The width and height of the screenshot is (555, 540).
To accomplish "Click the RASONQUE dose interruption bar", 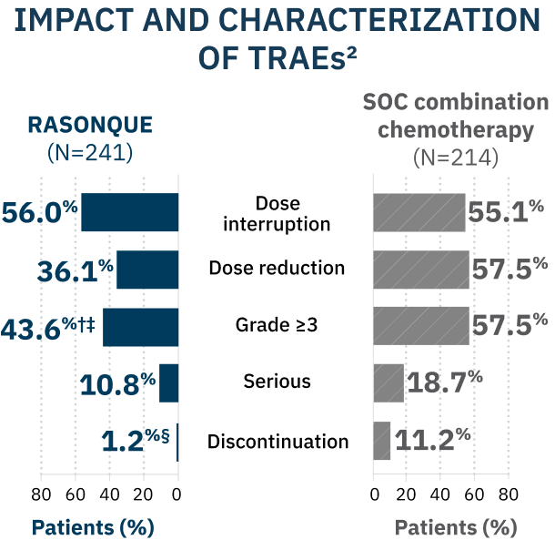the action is pyautogui.click(x=130, y=212).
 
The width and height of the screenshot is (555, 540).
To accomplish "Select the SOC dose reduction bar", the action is pyautogui.click(x=421, y=270).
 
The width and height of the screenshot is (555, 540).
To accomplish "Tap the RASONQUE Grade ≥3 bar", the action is pyautogui.click(x=141, y=327).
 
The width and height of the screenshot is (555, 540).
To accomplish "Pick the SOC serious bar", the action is pyautogui.click(x=388, y=383).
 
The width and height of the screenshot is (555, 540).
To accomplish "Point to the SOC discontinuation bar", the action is pyautogui.click(x=382, y=441).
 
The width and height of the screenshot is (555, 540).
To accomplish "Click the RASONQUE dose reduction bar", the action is pyautogui.click(x=147, y=270).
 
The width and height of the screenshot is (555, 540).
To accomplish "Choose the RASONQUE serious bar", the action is pyautogui.click(x=169, y=383).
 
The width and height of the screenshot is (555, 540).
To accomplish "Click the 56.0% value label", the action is pyautogui.click(x=40, y=212).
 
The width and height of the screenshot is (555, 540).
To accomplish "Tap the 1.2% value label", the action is pyautogui.click(x=136, y=441).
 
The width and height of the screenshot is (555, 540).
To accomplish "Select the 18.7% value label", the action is pyautogui.click(x=445, y=382).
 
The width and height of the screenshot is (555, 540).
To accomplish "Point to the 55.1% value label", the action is pyautogui.click(x=506, y=211).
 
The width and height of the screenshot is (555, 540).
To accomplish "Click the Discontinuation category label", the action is pyautogui.click(x=277, y=442).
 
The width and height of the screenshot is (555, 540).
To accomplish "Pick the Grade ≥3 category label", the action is pyautogui.click(x=277, y=325).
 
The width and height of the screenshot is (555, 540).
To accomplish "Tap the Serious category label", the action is pyautogui.click(x=277, y=382).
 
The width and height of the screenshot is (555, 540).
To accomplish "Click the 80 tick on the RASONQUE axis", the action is pyautogui.click(x=41, y=494).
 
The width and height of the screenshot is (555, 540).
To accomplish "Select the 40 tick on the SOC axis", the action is pyautogui.click(x=440, y=494).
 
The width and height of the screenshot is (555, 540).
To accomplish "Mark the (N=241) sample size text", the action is pyautogui.click(x=90, y=153).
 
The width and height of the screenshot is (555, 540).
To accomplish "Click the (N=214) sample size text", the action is pyautogui.click(x=456, y=158).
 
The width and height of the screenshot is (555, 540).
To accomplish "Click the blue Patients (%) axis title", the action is pyautogui.click(x=93, y=527).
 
